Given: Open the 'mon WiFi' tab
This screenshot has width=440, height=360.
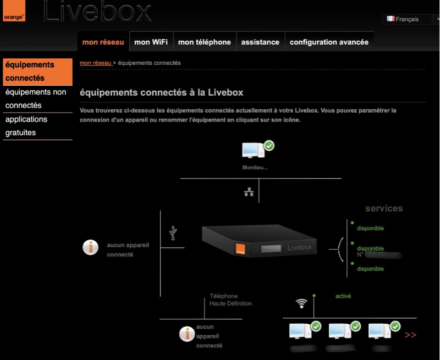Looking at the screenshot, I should point(151,42).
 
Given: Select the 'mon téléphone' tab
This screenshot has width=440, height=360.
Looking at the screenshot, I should point(205,42).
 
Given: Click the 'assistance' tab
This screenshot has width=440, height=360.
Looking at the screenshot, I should point(260,42).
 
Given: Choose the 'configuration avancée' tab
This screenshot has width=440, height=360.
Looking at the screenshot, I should point(329,42).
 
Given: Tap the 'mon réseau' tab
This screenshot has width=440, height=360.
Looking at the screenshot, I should point(103,42).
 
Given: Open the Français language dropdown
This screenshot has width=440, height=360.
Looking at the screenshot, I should point(410,19).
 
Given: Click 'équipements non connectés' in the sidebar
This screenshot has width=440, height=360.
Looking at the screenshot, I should point(36,99).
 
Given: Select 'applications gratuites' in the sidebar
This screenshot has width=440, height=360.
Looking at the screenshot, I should point(26,126).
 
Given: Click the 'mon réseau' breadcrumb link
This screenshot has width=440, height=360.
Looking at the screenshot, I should point(96,63).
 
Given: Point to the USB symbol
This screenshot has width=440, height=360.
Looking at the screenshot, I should point(173,232).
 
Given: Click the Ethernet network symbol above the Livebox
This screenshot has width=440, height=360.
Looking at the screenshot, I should point(249,192).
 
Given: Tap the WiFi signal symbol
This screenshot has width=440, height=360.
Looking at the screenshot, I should point(301,303).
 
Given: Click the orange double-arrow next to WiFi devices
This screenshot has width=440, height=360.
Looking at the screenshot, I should point(410,334).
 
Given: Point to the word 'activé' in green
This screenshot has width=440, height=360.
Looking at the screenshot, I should point(343,296).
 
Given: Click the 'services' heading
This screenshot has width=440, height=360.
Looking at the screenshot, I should point(384,209).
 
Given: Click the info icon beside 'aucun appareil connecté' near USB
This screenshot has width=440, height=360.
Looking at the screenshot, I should point(90,247).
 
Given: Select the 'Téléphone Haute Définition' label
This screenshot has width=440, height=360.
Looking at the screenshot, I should point(230,300).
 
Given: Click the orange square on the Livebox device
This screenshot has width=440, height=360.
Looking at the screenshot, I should point(240,249).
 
